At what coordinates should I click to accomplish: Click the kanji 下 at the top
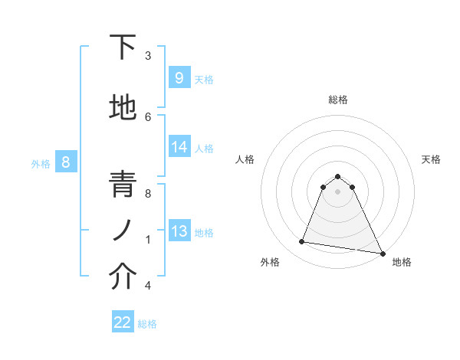[123, 47]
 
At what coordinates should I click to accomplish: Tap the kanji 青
[123, 185]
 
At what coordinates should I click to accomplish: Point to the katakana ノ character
[123, 229]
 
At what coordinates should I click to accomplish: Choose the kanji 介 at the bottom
[123, 277]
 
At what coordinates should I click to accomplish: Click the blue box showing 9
[179, 77]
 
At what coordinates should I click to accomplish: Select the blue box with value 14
[179, 147]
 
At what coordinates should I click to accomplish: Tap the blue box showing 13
[179, 231]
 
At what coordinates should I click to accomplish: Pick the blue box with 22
[123, 322]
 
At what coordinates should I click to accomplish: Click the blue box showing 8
[66, 162]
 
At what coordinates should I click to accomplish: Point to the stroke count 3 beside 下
[148, 55]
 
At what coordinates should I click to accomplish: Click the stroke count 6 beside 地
[148, 116]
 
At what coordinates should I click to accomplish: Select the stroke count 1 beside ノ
[148, 240]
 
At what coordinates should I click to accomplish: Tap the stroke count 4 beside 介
[148, 286]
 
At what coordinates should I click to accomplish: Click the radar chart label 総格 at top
[338, 100]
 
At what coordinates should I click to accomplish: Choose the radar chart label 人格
[245, 159]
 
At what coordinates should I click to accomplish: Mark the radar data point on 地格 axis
[382, 252]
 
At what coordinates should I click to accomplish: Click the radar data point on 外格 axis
[302, 242]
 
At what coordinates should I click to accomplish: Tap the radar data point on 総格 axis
[338, 176]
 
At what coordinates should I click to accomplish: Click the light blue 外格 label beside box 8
[40, 163]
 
